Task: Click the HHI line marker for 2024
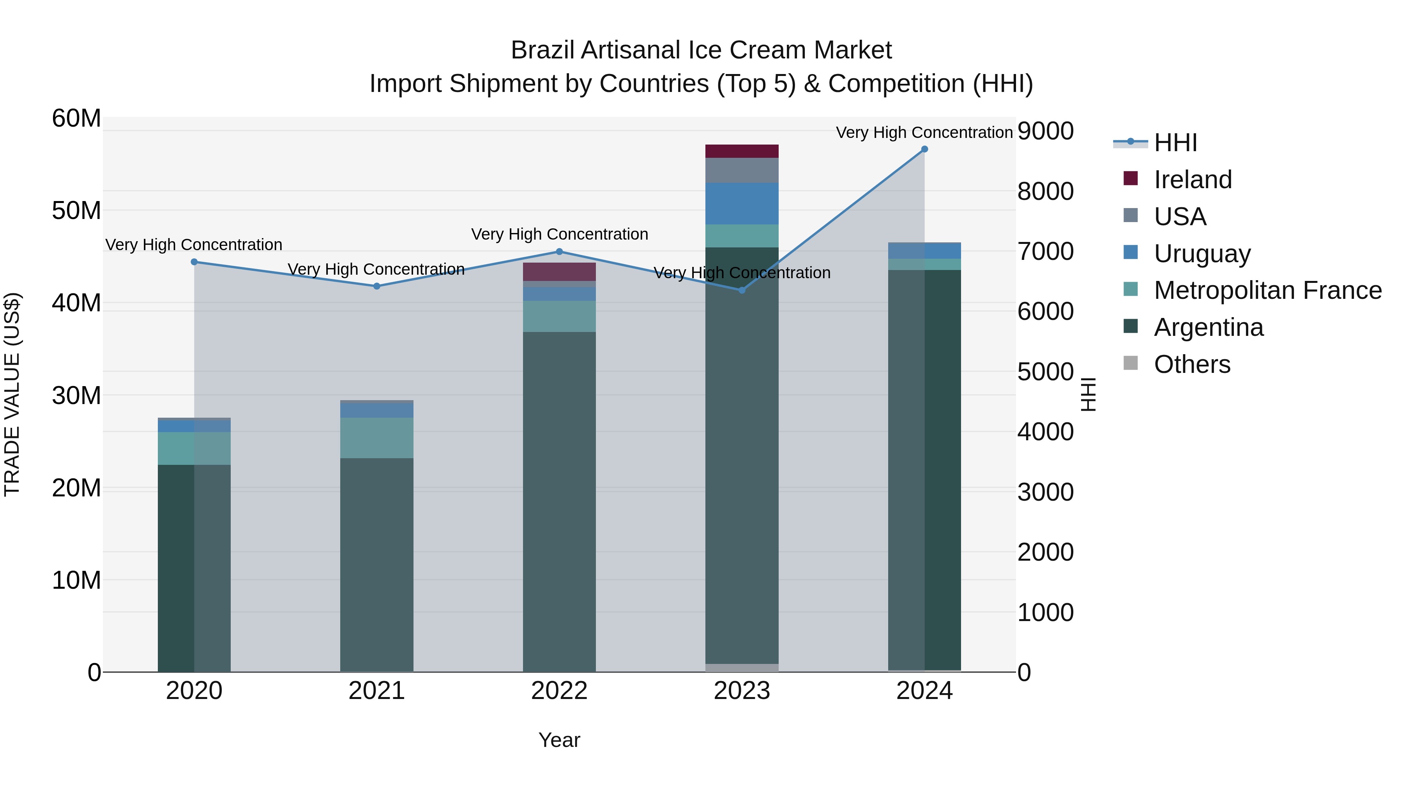pos(924,149)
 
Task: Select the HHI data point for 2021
pos(377,286)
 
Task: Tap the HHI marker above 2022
pos(559,252)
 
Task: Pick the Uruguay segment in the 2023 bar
pos(742,204)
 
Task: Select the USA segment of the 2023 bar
pos(742,170)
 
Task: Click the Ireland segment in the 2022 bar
pos(559,272)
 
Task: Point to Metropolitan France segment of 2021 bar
pos(377,438)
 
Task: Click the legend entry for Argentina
pos(1208,327)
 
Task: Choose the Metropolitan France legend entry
pos(1267,290)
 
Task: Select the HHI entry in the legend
pos(1175,143)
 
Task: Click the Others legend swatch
pos(1131,363)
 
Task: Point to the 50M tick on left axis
pos(76,211)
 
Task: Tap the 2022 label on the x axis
pos(559,691)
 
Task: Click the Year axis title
pos(559,740)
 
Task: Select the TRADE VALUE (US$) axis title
pos(12,394)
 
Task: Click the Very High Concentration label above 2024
pos(924,132)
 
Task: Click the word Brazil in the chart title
pos(542,50)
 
